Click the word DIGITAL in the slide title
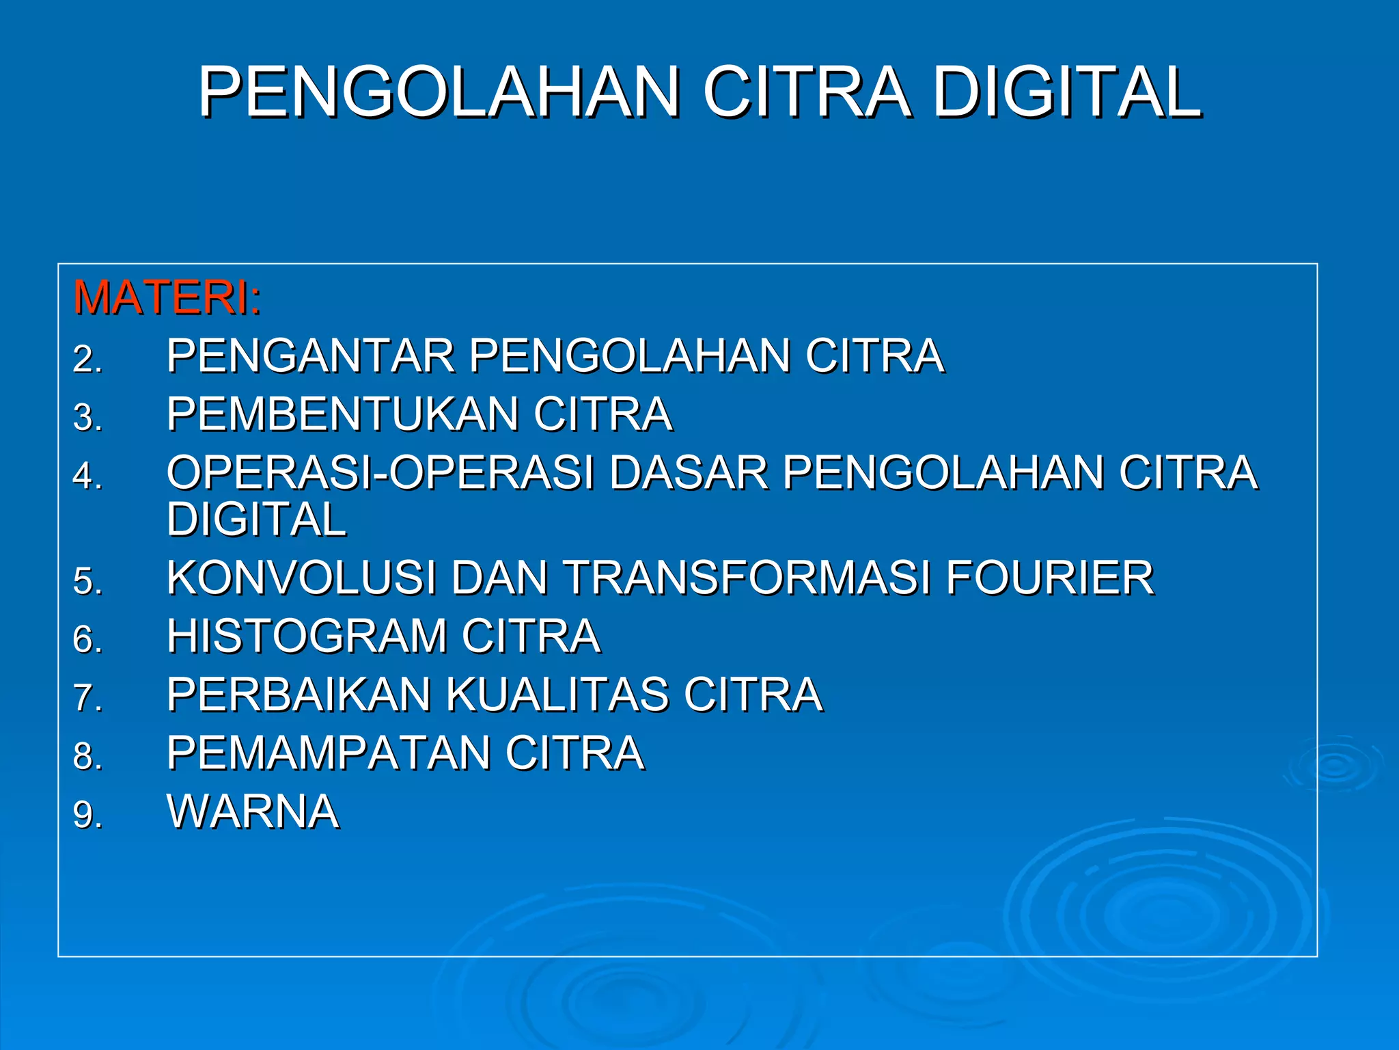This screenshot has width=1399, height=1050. [x=1066, y=92]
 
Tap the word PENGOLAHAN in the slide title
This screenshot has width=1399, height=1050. [x=439, y=92]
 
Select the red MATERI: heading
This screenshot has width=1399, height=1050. [x=167, y=297]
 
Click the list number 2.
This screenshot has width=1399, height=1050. [x=87, y=359]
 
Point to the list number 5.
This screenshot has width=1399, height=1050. [x=87, y=581]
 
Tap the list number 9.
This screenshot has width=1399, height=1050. [x=87, y=815]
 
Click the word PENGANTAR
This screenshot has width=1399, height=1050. [x=311, y=355]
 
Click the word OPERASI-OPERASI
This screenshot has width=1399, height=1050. [x=380, y=472]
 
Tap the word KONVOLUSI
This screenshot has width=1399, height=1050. [x=301, y=578]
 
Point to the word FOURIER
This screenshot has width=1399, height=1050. [x=1050, y=578]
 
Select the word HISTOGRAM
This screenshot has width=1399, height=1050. [x=307, y=636]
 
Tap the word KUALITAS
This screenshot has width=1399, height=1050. [x=557, y=695]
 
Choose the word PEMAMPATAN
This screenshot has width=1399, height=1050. [x=329, y=753]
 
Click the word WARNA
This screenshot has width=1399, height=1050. [x=253, y=811]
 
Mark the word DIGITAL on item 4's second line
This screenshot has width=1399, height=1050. [x=257, y=519]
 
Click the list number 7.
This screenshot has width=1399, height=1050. [x=87, y=698]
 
